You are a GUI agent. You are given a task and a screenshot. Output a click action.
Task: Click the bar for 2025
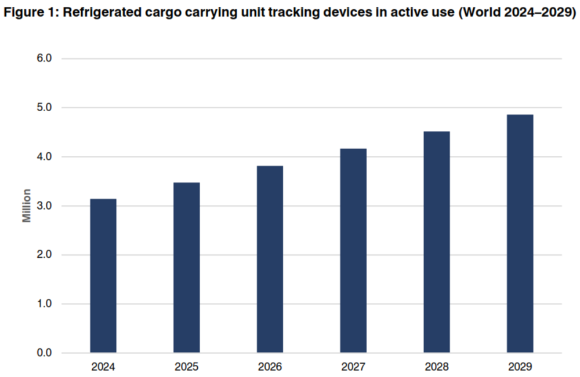click(x=187, y=268)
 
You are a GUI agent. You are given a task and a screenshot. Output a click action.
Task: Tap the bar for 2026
click(x=270, y=259)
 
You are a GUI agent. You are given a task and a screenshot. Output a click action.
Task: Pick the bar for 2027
click(x=353, y=251)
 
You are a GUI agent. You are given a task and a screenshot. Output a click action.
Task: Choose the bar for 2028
click(x=437, y=242)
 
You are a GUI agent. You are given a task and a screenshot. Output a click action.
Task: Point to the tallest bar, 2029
click(x=520, y=234)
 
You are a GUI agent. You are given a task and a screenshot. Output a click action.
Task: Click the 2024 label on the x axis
click(x=103, y=367)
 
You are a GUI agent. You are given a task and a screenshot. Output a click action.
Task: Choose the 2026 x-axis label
click(x=270, y=367)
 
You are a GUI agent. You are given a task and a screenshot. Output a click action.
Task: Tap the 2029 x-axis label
click(x=520, y=367)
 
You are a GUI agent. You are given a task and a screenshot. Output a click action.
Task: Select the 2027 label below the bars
click(x=353, y=367)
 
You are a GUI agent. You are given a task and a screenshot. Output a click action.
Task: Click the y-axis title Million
click(x=27, y=206)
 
